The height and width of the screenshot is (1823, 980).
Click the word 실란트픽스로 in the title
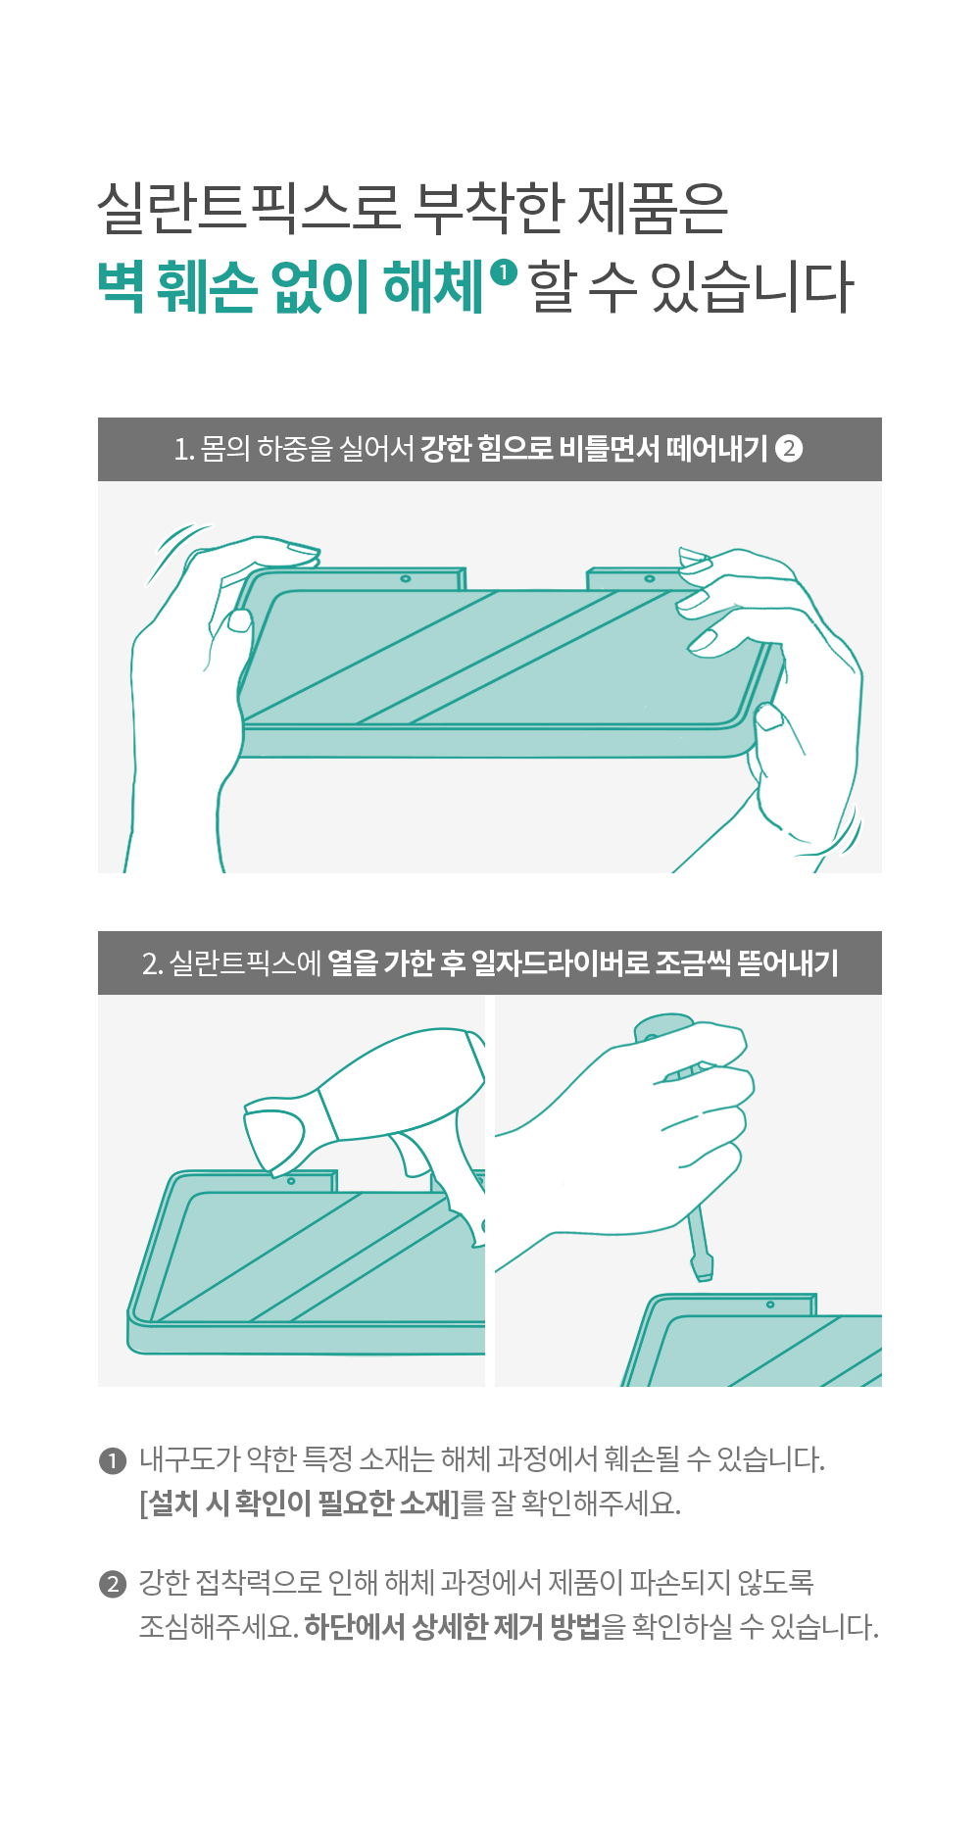pyautogui.click(x=249, y=208)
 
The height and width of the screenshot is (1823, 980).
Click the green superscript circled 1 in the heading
pyautogui.click(x=503, y=271)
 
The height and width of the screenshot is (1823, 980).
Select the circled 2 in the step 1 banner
pyautogui.click(x=789, y=448)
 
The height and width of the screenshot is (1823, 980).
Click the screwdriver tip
pyautogui.click(x=702, y=1269)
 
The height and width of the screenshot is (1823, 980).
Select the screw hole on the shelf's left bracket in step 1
pyautogui.click(x=405, y=579)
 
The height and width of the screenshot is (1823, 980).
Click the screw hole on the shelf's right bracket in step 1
pyautogui.click(x=649, y=579)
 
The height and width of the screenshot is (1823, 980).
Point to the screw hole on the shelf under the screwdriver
pyautogui.click(x=770, y=1305)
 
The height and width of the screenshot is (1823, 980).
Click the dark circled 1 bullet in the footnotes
pyautogui.click(x=113, y=1460)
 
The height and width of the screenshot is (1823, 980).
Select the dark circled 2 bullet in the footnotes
pyautogui.click(x=113, y=1584)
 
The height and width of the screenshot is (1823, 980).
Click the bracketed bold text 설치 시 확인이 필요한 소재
pyautogui.click(x=299, y=1503)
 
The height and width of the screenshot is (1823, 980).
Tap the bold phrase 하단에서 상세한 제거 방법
pyautogui.click(x=452, y=1627)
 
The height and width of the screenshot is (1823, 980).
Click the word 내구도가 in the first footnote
pyautogui.click(x=189, y=1459)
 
